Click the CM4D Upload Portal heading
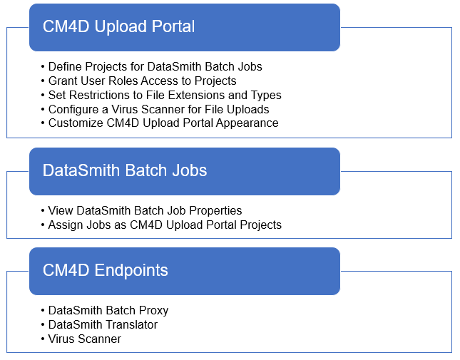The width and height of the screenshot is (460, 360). (118, 26)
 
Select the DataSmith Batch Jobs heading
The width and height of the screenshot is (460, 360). (125, 170)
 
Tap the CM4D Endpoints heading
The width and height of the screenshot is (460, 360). (106, 270)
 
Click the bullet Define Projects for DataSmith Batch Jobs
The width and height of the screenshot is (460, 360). (155, 66)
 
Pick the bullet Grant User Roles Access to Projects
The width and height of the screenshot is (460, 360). (143, 81)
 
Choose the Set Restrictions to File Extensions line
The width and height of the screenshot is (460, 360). (165, 95)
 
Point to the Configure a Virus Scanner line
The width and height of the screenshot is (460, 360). (158, 109)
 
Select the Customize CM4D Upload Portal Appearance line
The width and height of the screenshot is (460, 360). (163, 123)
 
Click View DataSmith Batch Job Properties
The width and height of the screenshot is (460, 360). (145, 210)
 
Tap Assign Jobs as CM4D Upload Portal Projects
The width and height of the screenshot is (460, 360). (165, 225)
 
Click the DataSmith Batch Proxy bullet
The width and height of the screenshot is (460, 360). (108, 311)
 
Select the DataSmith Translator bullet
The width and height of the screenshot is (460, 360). (103, 325)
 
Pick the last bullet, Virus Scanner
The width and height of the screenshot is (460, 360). (84, 339)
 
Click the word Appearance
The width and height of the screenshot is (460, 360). (247, 123)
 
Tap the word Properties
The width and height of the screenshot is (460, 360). (215, 211)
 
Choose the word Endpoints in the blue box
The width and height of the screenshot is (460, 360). (131, 271)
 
